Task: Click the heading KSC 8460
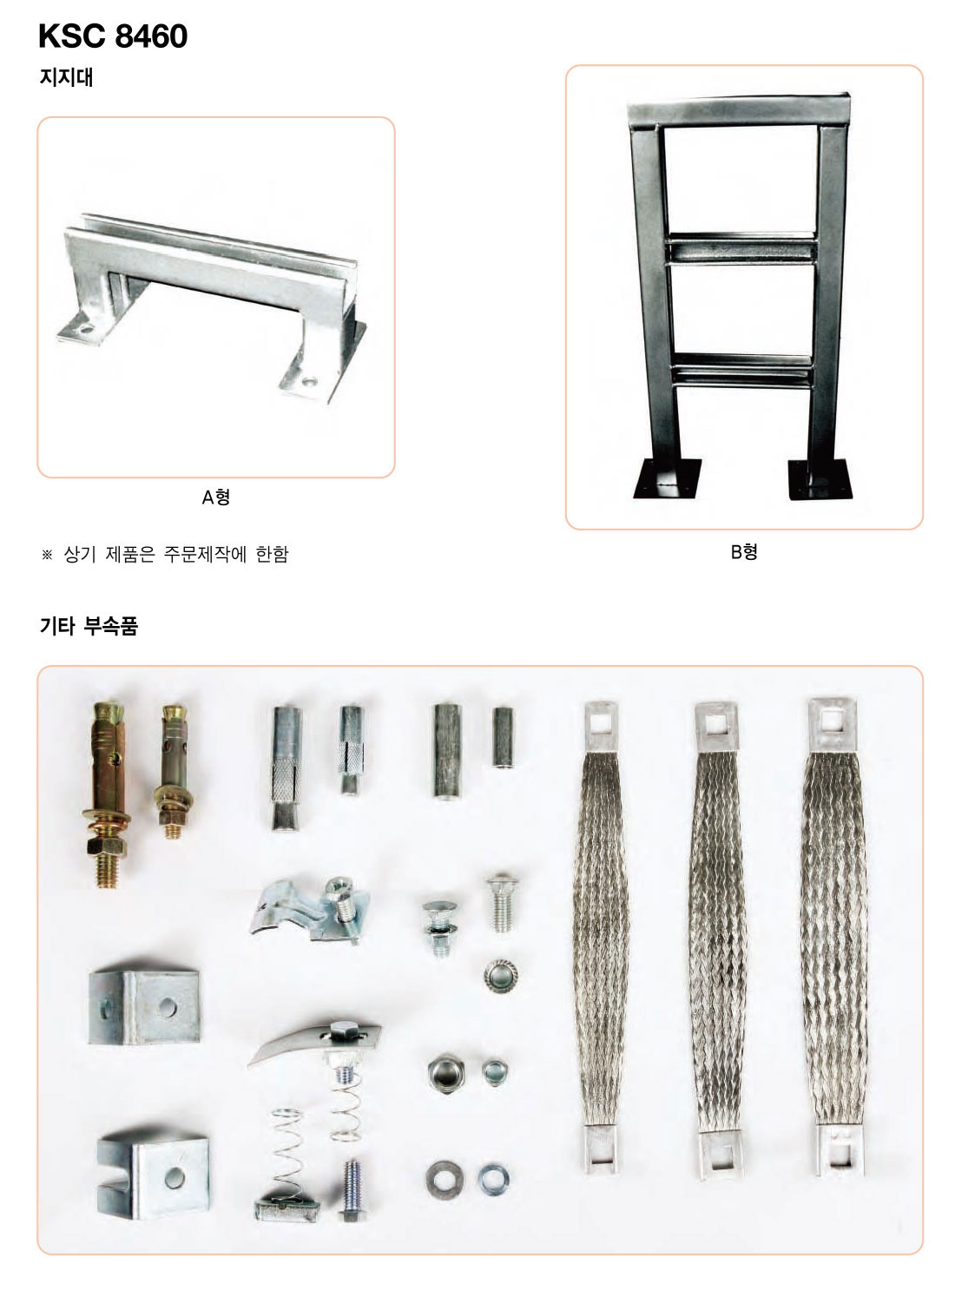pyautogui.click(x=112, y=36)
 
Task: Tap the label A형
pyautogui.click(x=215, y=497)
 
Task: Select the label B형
pyautogui.click(x=744, y=551)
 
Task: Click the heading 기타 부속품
pyautogui.click(x=89, y=626)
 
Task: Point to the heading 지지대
pyautogui.click(x=66, y=77)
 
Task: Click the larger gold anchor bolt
pyautogui.click(x=109, y=794)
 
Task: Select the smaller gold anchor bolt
pyautogui.click(x=174, y=771)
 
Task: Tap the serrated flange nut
pyautogui.click(x=500, y=976)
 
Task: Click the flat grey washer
pyautogui.click(x=445, y=1180)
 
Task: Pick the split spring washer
pyautogui.click(x=494, y=1179)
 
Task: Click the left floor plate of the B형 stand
pyautogui.click(x=666, y=478)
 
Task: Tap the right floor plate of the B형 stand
pyautogui.click(x=820, y=480)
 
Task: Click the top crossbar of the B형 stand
pyautogui.click(x=738, y=110)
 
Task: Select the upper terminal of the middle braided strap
pyautogui.click(x=716, y=726)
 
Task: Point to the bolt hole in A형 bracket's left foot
pyautogui.click(x=86, y=330)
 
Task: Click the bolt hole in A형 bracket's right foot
pyautogui.click(x=309, y=383)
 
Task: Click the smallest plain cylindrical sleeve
pyautogui.click(x=504, y=736)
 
